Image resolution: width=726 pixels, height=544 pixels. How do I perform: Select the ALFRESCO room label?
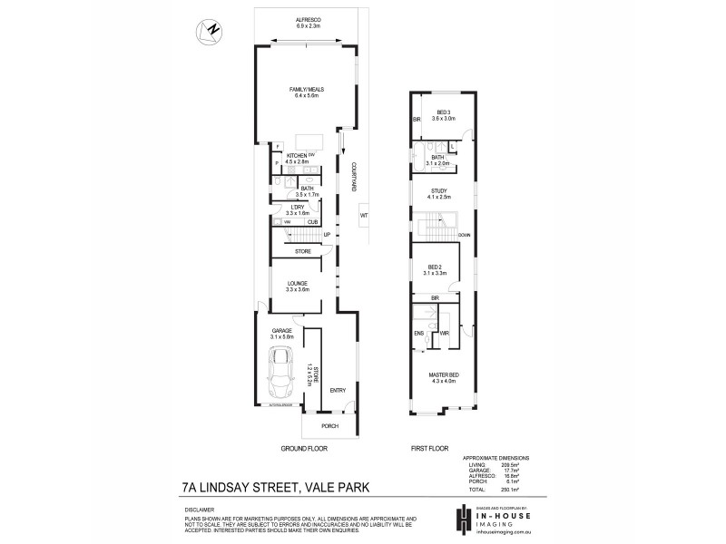pos(309,19)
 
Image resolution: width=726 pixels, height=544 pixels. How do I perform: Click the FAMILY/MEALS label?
pos(307,90)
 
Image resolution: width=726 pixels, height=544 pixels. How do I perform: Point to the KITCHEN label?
pos(296,156)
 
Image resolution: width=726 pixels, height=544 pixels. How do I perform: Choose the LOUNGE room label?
pos(298,284)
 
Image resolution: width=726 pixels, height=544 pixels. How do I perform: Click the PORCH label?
pos(329,426)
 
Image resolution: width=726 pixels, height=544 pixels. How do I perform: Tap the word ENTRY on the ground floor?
pos(338,391)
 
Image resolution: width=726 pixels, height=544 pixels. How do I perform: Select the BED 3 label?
pos(443,113)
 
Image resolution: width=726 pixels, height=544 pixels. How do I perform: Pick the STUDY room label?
pos(439,191)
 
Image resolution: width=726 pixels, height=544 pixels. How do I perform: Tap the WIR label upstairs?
pos(445,334)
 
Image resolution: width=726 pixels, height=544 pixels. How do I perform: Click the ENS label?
pos(419,334)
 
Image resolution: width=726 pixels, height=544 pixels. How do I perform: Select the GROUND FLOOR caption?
pos(305,449)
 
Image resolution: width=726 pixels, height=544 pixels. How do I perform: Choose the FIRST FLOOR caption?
pos(432,449)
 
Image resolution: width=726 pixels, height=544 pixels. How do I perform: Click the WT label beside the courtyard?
pos(364,216)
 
